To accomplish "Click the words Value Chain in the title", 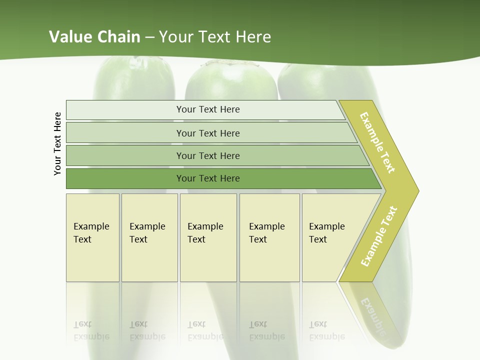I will tap(94, 37).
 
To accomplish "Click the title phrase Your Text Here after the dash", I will tap(215, 37).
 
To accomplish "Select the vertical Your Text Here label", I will tap(57, 143).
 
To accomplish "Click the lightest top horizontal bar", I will tap(207, 109).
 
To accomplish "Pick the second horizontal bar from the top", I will tap(207, 133).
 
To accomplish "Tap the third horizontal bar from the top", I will tap(207, 155).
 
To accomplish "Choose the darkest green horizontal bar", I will tap(207, 178).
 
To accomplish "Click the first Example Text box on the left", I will tap(92, 237).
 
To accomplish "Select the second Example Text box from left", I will tap(149, 237).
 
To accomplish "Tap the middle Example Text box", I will tap(207, 237).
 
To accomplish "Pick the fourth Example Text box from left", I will tap(269, 237).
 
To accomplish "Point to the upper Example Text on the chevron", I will tap(377, 142).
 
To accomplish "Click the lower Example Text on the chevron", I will tap(379, 236).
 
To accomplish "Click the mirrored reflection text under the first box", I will tap(91, 331).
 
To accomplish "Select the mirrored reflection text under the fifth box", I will tap(326, 331).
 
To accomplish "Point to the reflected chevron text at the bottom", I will tap(372, 317).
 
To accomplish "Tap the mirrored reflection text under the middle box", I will tap(205, 331).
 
